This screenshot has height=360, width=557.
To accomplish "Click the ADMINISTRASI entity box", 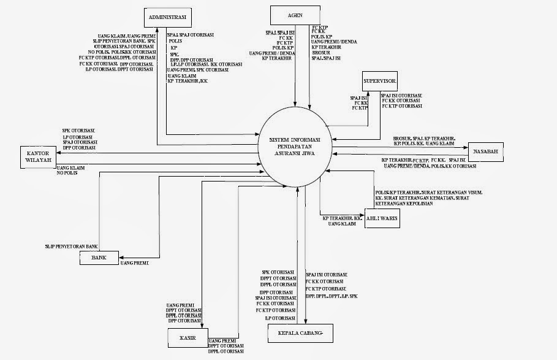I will point(168,16).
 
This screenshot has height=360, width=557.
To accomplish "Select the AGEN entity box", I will point(296,15).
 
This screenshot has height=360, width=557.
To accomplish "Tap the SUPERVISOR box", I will point(380,81).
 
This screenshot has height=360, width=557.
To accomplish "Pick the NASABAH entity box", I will point(485,151).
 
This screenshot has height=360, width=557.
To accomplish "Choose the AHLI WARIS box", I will point(382,218).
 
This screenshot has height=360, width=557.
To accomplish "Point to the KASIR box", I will point(188,337).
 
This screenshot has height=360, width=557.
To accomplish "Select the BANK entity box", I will point(98,258).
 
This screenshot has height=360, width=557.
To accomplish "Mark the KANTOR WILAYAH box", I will point(38,158).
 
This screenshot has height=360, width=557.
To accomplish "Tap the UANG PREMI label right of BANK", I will point(135,262).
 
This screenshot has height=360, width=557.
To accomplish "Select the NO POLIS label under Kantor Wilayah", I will point(67,174).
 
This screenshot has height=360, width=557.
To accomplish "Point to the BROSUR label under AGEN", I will point(320,52).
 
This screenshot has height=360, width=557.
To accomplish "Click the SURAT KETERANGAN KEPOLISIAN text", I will point(404,203).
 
